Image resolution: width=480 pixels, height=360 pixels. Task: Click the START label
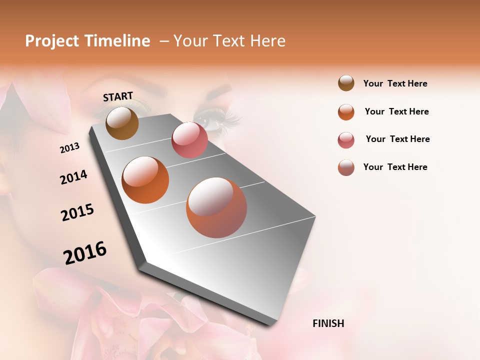coord(118,96)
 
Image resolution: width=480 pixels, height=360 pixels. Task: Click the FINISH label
coord(328,323)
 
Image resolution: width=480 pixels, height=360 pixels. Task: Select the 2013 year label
coord(69,147)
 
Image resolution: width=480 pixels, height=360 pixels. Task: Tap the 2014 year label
coord(73,177)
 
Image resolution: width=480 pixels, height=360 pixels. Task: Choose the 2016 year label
coord(85,253)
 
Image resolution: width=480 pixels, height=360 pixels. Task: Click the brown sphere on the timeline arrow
coord(122,123)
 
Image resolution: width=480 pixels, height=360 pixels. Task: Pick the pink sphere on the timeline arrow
coord(189,140)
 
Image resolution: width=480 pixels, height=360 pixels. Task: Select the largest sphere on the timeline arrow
coord(216,207)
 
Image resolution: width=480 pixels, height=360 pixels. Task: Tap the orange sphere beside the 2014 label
coord(145,180)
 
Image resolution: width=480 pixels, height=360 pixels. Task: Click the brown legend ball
coord(346,83)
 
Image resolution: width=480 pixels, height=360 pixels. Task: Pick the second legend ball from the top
coord(346,112)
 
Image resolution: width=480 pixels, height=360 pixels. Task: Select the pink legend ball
coord(346,140)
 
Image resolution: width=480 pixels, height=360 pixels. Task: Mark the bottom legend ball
coord(346,167)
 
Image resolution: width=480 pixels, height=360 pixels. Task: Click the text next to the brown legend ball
coord(395,83)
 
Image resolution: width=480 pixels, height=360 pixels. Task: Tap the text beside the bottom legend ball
coord(395,167)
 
